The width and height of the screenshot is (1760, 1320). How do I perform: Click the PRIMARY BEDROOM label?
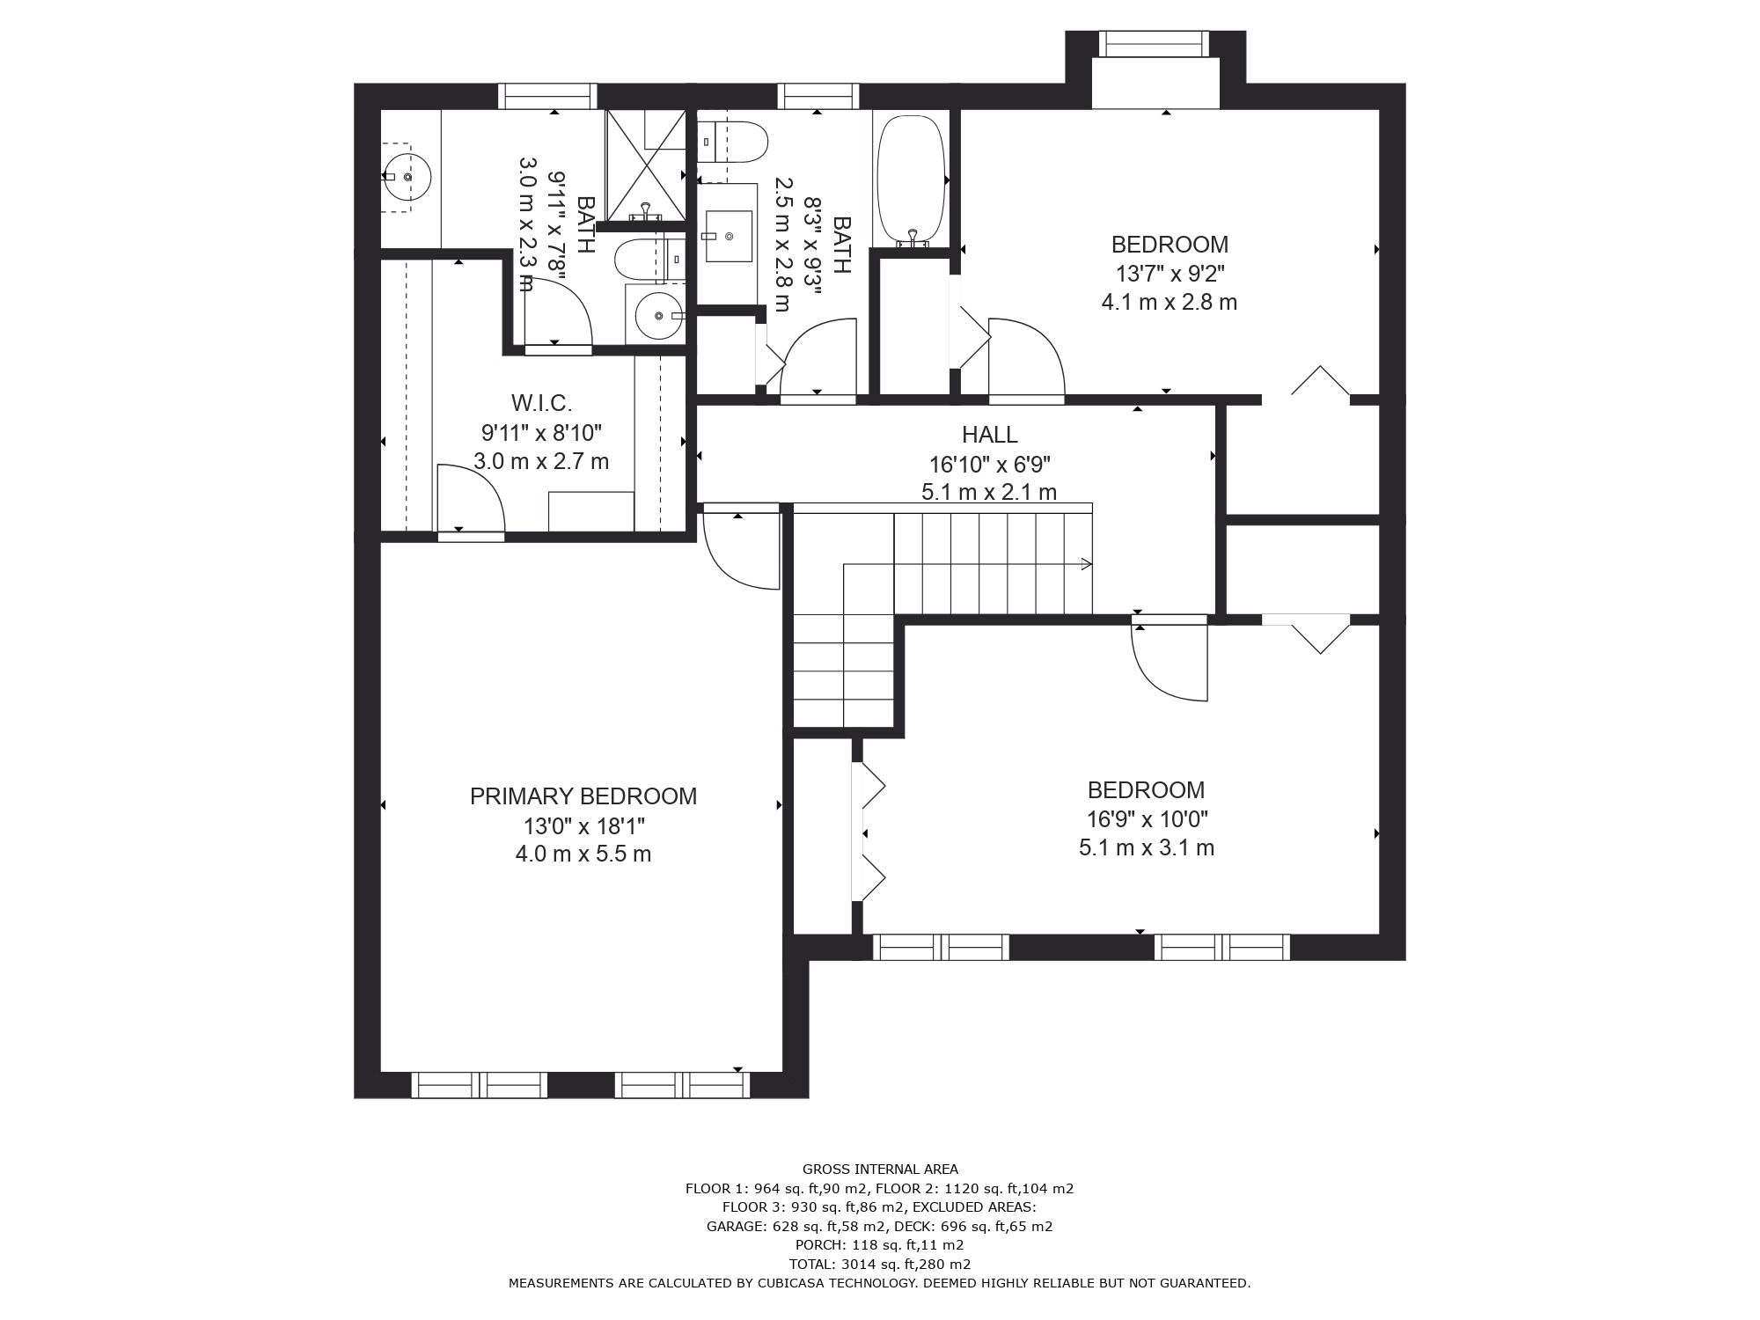pyautogui.click(x=583, y=796)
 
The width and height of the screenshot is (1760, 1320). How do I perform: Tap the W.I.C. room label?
pyautogui.click(x=541, y=403)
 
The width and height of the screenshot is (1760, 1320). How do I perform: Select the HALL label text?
pyautogui.click(x=989, y=435)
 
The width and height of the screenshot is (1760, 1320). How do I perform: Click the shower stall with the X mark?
pyautogui.click(x=646, y=165)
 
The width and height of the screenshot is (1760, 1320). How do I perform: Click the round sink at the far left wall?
pyautogui.click(x=407, y=177)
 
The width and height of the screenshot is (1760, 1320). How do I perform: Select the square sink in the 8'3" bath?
pyautogui.click(x=729, y=236)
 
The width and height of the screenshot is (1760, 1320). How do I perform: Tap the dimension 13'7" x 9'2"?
pyautogui.click(x=1169, y=273)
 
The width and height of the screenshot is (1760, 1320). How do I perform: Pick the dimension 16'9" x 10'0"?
pyautogui.click(x=1147, y=819)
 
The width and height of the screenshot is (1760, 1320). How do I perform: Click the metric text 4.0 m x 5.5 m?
pyautogui.click(x=583, y=854)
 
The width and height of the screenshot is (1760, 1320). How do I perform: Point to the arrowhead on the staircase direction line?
pyautogui.click(x=1087, y=564)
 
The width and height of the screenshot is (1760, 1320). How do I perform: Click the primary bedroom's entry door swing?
pyautogui.click(x=742, y=550)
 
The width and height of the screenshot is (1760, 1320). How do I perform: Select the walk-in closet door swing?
pyautogui.click(x=471, y=499)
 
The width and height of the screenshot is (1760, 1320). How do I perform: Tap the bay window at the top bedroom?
pyautogui.click(x=1155, y=44)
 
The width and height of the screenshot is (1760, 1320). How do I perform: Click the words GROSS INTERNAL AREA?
pyautogui.click(x=880, y=1170)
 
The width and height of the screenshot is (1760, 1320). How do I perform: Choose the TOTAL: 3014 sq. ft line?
pyautogui.click(x=880, y=1264)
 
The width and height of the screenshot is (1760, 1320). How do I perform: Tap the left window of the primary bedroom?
pyautogui.click(x=480, y=1085)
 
